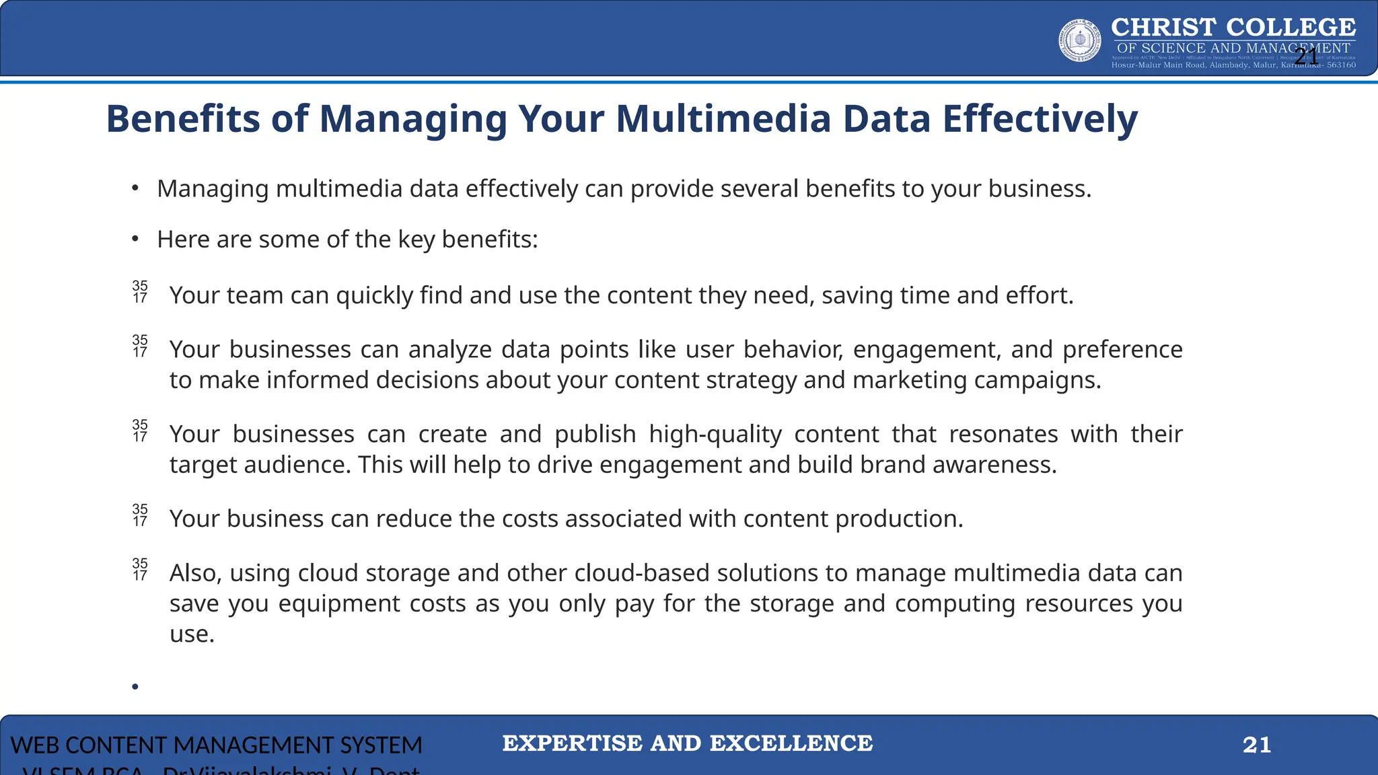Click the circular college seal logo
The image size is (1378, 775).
coord(1080,40)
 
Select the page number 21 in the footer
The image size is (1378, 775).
coord(1256,745)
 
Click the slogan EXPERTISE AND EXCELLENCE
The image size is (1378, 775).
coord(688,743)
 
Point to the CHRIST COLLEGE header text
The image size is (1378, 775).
coord(1233,28)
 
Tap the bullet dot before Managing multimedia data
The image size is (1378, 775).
coord(135,188)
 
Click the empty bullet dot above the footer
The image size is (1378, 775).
coord(135,686)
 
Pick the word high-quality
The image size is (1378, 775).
coord(715,435)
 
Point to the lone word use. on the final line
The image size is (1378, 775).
coord(192,634)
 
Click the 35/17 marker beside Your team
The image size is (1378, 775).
coord(140,292)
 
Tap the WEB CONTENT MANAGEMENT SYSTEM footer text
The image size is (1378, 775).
coord(216,745)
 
